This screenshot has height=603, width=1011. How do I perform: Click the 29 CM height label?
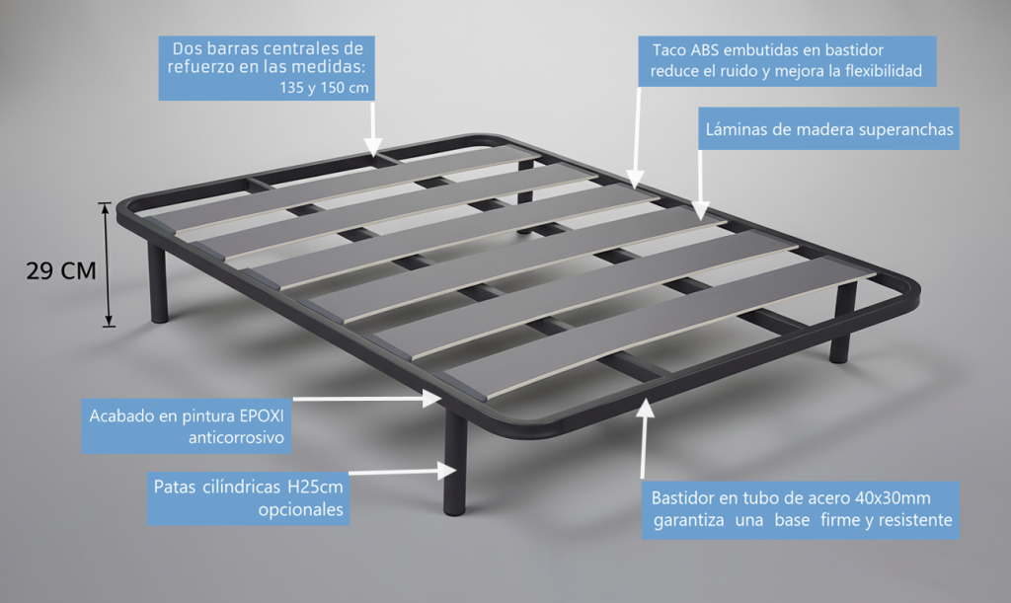(61, 270)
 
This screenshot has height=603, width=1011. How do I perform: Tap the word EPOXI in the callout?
(262, 415)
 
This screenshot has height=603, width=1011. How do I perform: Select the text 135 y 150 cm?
(324, 88)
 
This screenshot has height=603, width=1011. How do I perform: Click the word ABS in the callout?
(705, 50)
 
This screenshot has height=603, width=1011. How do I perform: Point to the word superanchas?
(906, 130)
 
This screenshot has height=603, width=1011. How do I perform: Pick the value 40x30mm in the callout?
(893, 498)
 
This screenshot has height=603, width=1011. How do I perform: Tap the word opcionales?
(301, 509)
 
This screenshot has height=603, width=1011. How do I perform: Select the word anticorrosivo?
(236, 438)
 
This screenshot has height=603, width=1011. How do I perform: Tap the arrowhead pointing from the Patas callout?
(447, 471)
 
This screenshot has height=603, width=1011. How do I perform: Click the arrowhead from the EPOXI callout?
(432, 399)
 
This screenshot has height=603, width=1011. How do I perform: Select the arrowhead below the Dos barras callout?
(372, 147)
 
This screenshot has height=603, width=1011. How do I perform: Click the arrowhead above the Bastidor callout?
(645, 409)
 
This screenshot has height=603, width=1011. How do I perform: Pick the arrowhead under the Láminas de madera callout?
(700, 210)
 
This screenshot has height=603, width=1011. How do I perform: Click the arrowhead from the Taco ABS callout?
(635, 179)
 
